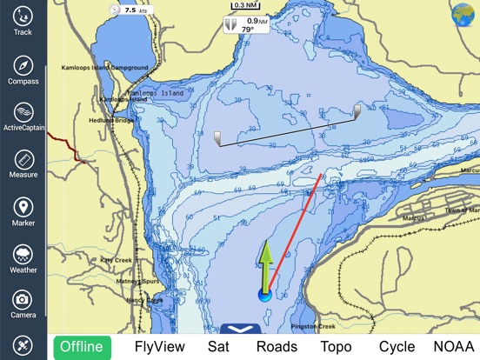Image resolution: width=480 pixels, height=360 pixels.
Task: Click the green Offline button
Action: [x=81, y=346]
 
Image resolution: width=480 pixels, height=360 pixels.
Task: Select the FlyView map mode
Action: [x=157, y=346]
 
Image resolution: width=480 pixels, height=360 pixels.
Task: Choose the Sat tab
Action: [x=218, y=346]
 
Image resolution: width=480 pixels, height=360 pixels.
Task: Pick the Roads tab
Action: [x=277, y=346]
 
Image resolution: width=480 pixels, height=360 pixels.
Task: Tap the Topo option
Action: [x=336, y=346]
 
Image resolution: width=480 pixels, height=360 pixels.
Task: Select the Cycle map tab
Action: [x=397, y=346]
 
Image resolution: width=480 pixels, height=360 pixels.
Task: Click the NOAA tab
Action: [x=453, y=346]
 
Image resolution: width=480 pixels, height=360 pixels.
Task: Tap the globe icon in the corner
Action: [x=463, y=15]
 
